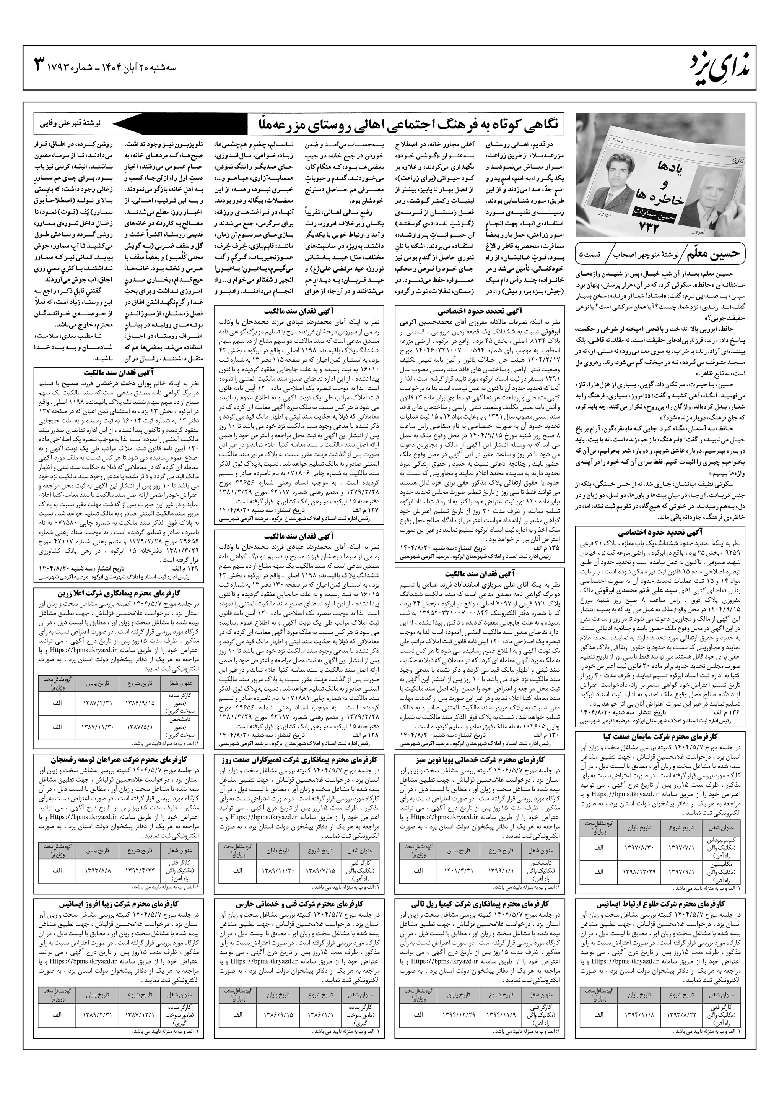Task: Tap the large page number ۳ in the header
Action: (39, 64)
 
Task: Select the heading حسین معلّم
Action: (719, 253)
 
